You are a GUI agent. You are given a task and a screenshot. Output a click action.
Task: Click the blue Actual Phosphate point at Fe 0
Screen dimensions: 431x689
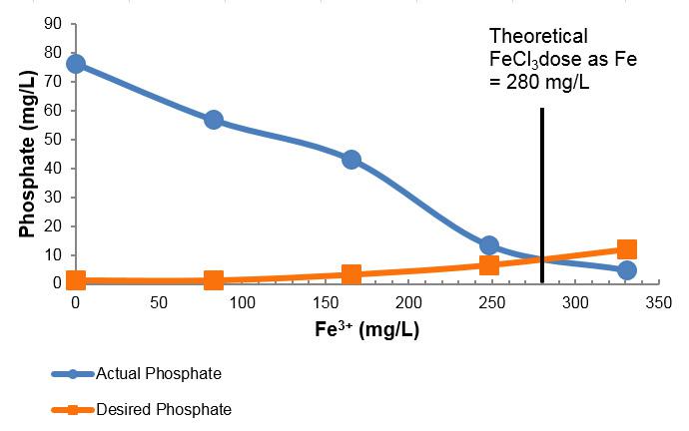pos(75,64)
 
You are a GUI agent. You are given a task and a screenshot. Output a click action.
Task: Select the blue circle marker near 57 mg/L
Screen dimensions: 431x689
pos(213,120)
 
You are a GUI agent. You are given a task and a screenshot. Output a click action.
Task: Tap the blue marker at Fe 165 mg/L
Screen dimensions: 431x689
pos(350,160)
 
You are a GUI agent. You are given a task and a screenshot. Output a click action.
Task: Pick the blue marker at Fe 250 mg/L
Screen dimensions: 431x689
pos(488,245)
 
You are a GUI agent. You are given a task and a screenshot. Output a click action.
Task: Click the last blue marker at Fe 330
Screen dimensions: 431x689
pos(627,269)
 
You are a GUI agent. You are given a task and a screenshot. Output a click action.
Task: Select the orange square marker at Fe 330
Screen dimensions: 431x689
pos(627,249)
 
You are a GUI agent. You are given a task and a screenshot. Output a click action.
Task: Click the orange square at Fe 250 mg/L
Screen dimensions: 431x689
pos(488,264)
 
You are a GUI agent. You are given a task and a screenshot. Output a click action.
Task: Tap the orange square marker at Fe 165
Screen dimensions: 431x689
pos(350,274)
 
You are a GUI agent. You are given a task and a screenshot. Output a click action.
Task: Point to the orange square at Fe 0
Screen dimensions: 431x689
pos(75,280)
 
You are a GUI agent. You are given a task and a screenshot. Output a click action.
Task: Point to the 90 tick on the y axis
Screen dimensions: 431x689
pos(56,23)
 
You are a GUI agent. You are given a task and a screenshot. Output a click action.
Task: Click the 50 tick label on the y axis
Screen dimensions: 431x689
pos(56,139)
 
